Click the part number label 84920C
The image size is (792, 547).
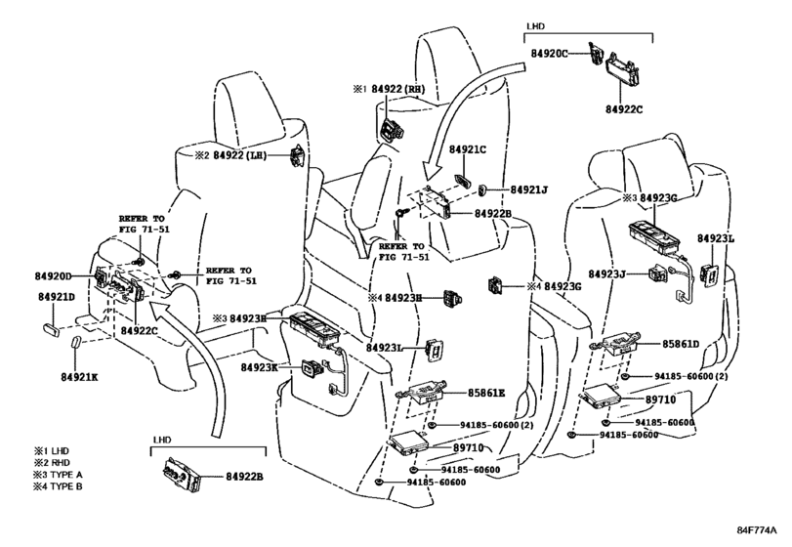coord(549,53)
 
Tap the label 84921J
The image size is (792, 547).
coord(529,189)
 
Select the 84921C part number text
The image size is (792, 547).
coord(468,150)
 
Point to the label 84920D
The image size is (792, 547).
coord(54,275)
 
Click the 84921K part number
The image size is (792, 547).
coord(79,377)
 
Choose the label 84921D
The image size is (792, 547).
coord(57,297)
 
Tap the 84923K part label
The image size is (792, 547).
coord(260,367)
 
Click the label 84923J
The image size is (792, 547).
coord(607,273)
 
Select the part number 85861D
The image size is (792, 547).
coord(681,344)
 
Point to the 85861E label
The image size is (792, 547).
coord(486,393)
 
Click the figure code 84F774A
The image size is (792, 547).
coord(756,530)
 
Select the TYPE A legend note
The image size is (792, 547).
coord(58,475)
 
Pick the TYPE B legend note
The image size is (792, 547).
coord(58,486)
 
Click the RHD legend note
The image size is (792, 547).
coord(52,463)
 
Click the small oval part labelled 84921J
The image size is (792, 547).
coord(482,189)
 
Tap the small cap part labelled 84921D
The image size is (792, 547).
coord(52,330)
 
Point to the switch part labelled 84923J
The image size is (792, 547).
coord(657,273)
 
